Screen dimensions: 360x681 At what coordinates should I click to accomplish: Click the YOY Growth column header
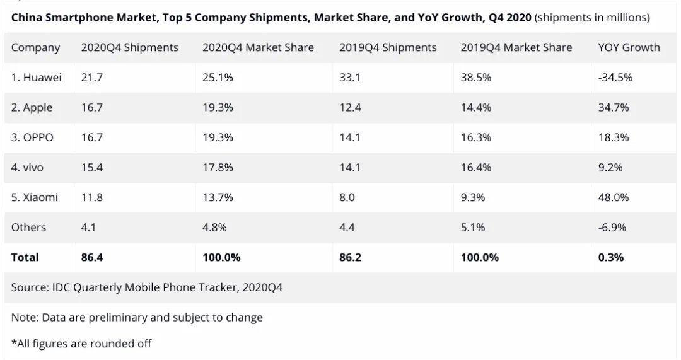pos(629,48)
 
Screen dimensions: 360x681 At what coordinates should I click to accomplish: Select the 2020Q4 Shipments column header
pos(129,48)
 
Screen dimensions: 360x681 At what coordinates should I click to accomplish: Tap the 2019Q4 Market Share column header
pos(516,48)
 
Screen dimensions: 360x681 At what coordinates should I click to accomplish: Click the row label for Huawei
pos(36,78)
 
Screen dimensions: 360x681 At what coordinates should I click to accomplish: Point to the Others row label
pos(28,228)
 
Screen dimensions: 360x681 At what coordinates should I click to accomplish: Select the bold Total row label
pos(25,257)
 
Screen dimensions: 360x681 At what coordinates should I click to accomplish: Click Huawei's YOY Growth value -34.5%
pos(615,78)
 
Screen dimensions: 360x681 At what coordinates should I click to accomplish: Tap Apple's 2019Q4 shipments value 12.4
pos(350,108)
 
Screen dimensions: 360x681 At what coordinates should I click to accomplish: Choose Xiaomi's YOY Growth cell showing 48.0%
pos(613,197)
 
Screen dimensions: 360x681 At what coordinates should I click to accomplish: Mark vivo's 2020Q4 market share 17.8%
pos(218,168)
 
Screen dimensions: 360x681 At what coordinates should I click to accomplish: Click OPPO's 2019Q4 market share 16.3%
pos(476,137)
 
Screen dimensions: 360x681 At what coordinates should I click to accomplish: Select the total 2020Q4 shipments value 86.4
pos(92,257)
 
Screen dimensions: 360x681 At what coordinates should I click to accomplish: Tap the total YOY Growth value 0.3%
pos(610,257)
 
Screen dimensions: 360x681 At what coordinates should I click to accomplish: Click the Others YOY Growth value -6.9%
pos(612,228)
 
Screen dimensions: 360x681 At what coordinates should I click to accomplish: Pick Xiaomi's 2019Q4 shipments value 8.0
pos(347,197)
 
